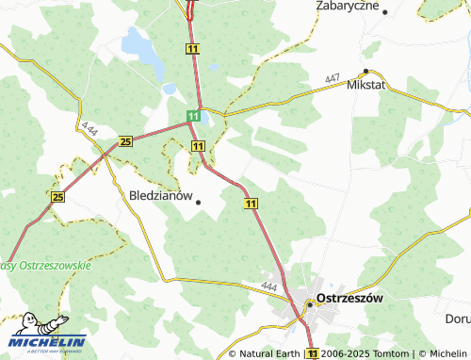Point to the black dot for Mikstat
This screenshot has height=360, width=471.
[365, 71]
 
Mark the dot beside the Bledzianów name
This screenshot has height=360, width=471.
[198, 201]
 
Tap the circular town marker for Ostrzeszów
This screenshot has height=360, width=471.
[309, 303]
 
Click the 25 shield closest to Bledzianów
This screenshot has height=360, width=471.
[126, 142]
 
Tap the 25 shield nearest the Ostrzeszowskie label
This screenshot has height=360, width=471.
[58, 197]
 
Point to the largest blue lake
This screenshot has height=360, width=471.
[138, 43]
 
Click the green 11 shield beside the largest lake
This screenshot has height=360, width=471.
[193, 48]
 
